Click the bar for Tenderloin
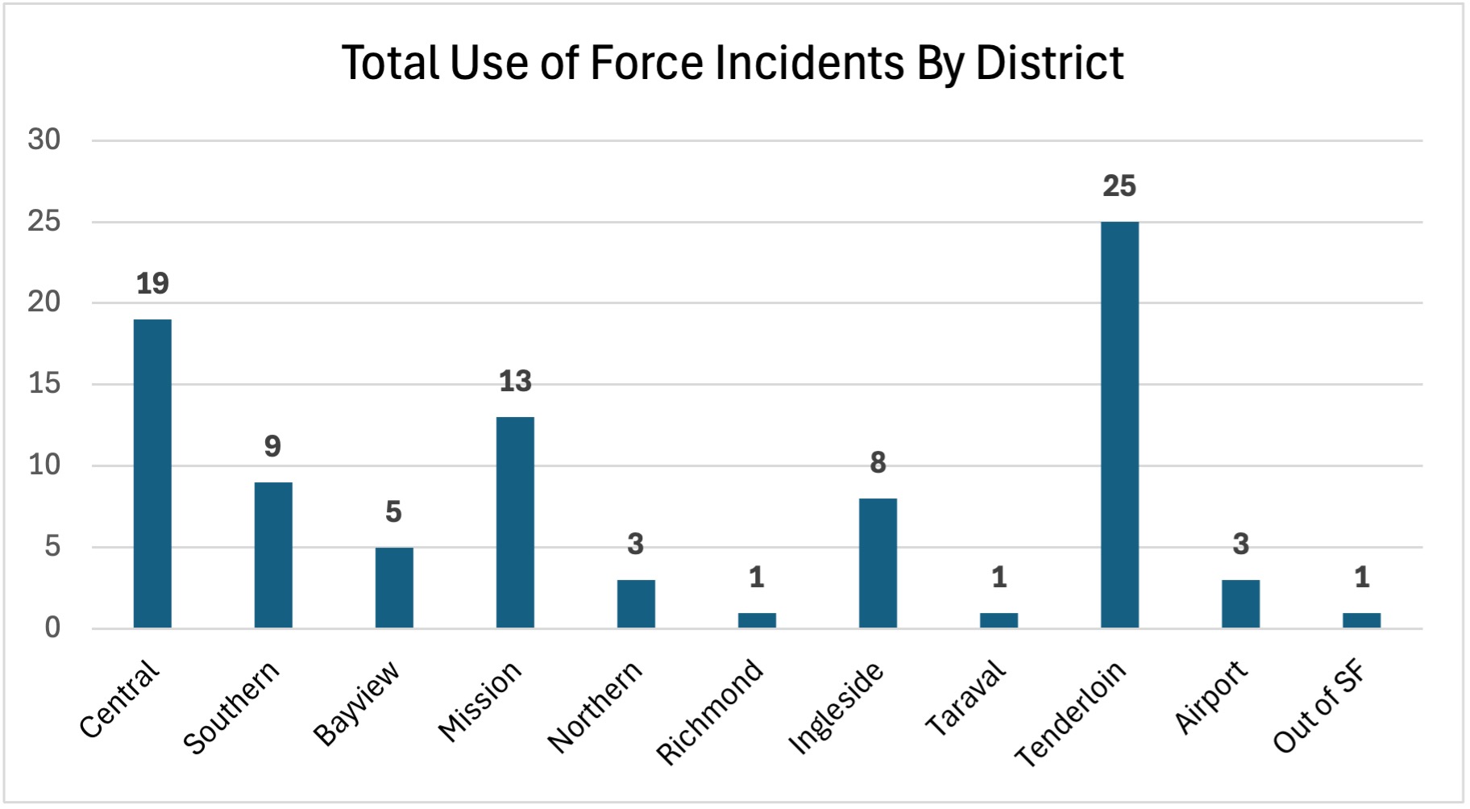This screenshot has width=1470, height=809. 1119,424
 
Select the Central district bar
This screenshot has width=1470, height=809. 152,473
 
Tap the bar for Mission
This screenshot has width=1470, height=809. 515,522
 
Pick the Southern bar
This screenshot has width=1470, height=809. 273,555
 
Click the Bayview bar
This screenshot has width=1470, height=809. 394,587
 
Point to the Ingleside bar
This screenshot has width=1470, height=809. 878,563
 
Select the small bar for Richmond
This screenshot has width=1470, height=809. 757,620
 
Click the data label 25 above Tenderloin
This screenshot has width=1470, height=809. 1119,186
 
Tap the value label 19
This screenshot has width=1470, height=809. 152,284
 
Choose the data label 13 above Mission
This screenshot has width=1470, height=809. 515,382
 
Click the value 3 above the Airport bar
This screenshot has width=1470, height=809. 1240,544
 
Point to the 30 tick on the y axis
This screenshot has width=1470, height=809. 44,140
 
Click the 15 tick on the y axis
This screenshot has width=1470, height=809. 44,384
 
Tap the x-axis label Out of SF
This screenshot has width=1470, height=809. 1319,707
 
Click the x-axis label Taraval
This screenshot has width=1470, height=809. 965,698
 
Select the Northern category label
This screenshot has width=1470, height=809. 595,707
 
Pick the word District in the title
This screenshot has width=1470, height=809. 1049,63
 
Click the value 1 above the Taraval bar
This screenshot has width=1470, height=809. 999,578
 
